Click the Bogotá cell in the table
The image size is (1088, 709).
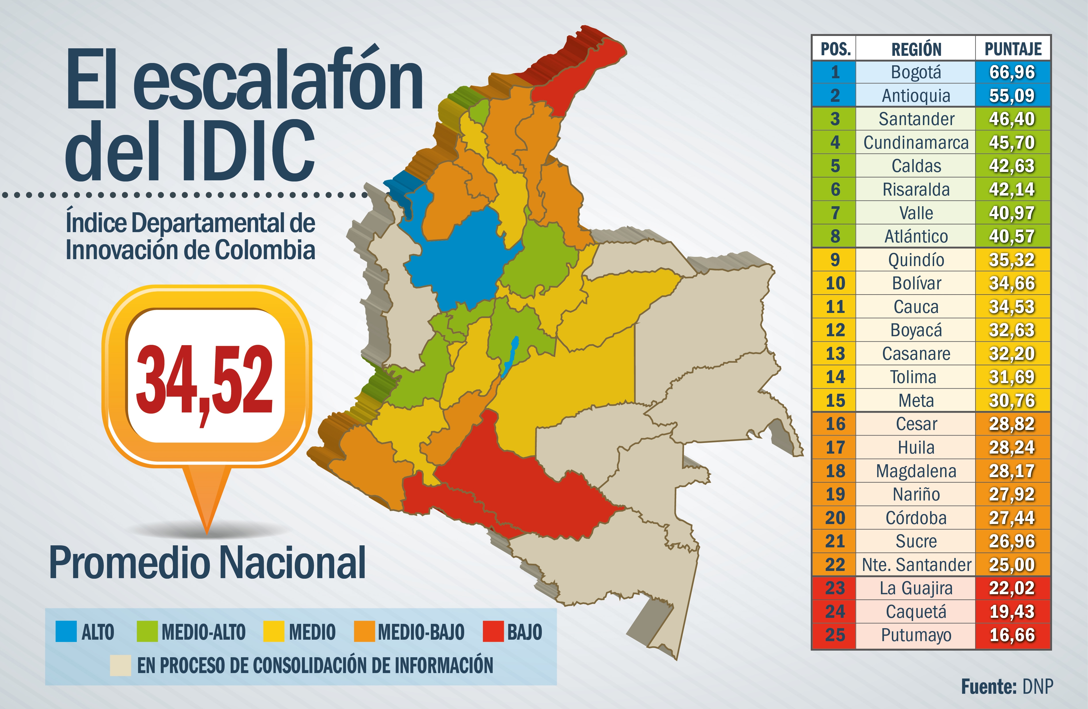(916, 72)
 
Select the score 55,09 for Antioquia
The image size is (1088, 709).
(1012, 95)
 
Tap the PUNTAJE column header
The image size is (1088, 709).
(1013, 48)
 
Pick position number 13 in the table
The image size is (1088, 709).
(835, 353)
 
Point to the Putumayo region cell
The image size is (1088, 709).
(916, 635)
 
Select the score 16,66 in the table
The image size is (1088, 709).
(1012, 635)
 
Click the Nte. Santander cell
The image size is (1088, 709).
(916, 565)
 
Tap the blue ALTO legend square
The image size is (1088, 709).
(66, 631)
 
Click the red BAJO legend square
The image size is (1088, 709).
(493, 631)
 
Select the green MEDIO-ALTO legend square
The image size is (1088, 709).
(147, 631)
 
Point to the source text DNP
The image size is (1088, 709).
(1038, 687)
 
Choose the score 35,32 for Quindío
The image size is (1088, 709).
(1012, 260)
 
